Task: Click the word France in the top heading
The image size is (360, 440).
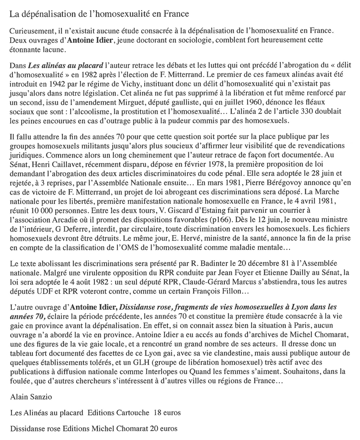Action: (x=176, y=15)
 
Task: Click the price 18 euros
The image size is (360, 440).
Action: (x=167, y=413)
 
